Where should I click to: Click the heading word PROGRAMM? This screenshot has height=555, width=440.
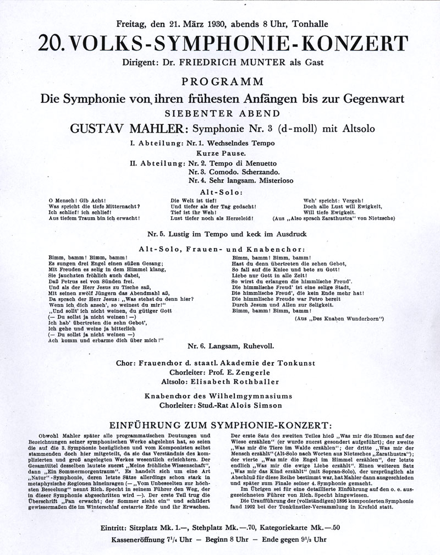pyautogui.click(x=220, y=82)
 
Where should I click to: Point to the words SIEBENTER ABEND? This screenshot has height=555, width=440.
pyautogui.click(x=219, y=113)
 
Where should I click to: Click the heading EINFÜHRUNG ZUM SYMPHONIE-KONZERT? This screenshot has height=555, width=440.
pyautogui.click(x=219, y=425)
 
